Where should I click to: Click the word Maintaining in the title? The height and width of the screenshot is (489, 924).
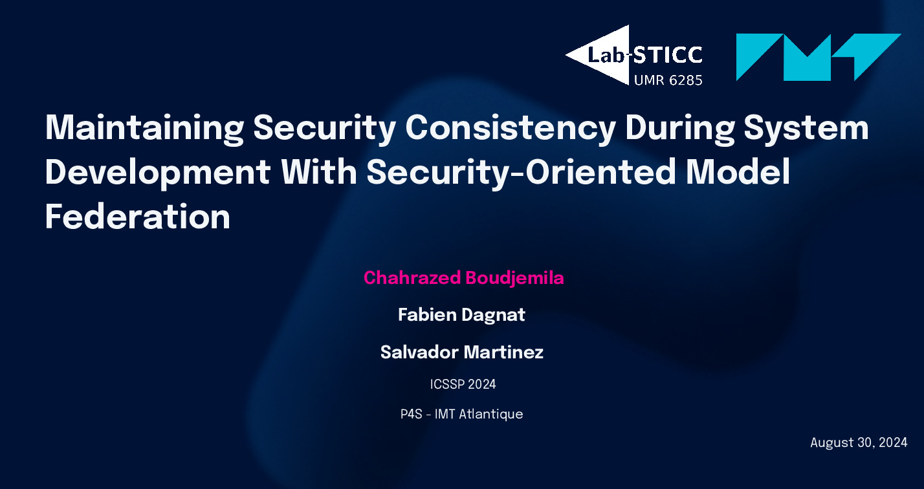[144, 128]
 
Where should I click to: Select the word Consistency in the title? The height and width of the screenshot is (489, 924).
[511, 128]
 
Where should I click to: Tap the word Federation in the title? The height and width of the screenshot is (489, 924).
[137, 217]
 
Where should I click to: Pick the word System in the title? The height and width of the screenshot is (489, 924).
[806, 128]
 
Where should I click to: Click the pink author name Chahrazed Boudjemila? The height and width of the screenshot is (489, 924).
[464, 278]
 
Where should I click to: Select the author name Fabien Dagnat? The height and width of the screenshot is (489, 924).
[461, 315]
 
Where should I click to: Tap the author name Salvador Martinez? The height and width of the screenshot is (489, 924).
[462, 352]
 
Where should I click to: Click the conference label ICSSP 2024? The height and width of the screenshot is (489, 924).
[463, 384]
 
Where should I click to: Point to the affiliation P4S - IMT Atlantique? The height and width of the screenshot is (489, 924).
[461, 414]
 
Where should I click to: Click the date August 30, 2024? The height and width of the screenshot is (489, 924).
[859, 443]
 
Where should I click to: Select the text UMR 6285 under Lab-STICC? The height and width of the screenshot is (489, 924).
[668, 80]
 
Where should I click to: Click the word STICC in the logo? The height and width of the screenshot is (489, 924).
[667, 55]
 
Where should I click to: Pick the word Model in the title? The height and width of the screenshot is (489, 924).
[738, 171]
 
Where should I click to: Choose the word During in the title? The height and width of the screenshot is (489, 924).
[680, 128]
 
